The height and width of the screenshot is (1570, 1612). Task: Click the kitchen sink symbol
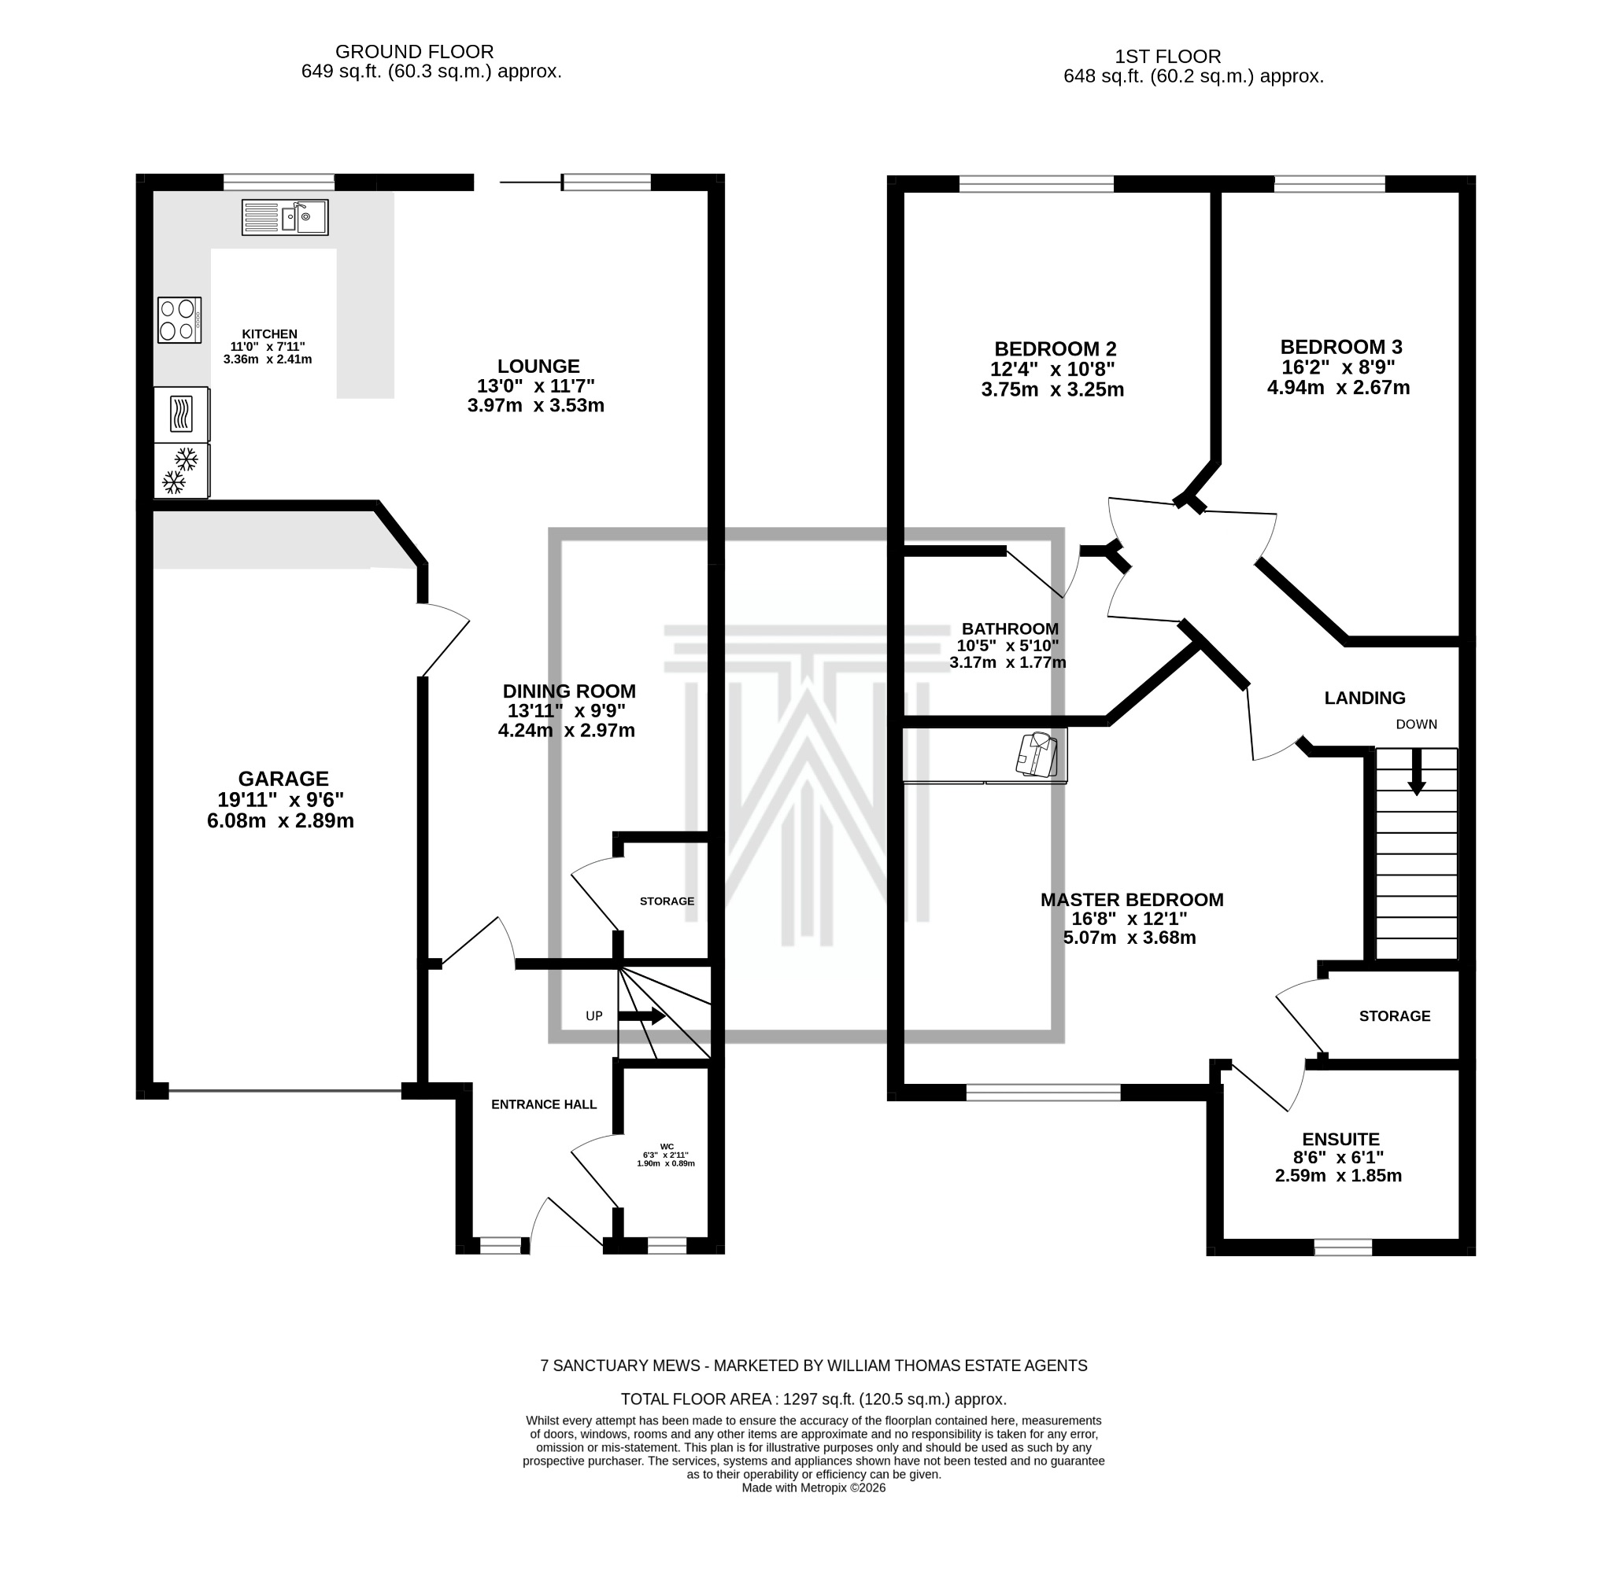(285, 217)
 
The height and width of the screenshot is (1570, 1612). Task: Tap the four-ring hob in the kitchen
(179, 320)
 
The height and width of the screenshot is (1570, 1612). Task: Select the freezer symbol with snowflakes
(182, 471)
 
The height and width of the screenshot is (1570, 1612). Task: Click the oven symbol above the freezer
(182, 414)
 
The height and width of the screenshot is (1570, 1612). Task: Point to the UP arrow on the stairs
(641, 1016)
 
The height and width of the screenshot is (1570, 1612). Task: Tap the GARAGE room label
(283, 779)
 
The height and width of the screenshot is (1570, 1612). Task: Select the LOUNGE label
(538, 366)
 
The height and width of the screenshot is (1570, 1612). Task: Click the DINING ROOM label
(569, 691)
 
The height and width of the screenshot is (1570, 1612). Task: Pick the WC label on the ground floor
(667, 1146)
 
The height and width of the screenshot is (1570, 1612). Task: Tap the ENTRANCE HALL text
(544, 1104)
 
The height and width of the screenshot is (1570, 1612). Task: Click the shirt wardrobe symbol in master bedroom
(1037, 754)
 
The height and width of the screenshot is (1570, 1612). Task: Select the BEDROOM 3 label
(1340, 347)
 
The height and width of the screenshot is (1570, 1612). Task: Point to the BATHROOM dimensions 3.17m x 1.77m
(1007, 662)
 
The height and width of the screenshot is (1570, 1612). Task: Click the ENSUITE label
(1340, 1139)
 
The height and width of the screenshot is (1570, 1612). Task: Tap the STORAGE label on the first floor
(1394, 1016)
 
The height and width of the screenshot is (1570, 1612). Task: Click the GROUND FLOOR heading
(414, 52)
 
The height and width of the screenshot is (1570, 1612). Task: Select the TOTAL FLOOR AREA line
(812, 1399)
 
